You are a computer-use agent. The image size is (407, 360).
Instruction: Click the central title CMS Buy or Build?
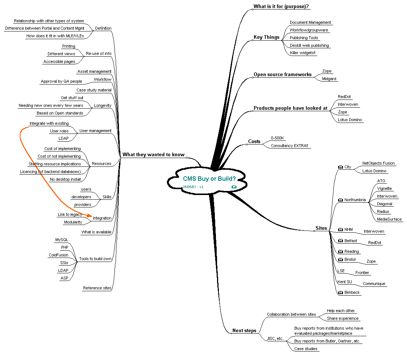tap(209, 179)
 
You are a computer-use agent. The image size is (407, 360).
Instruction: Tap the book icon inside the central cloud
tap(234, 187)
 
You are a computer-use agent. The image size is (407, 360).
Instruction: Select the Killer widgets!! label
tap(302, 53)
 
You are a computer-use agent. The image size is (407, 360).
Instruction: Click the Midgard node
tap(329, 79)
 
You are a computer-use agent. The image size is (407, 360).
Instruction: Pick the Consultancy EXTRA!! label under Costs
tap(290, 146)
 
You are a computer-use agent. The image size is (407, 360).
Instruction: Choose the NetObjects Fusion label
tap(378, 164)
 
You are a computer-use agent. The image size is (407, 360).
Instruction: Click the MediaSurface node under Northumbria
tap(389, 219)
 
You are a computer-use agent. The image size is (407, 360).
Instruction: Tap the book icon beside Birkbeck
tap(340, 293)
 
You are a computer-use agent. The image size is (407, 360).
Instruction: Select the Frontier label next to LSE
tap(362, 273)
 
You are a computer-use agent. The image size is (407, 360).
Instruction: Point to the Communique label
tap(374, 284)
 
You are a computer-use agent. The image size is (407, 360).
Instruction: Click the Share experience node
tap(343, 319)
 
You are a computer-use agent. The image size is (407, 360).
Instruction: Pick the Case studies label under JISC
tap(306, 349)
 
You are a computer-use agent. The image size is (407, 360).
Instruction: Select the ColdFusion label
tap(59, 255)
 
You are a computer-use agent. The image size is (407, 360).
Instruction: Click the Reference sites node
tap(97, 288)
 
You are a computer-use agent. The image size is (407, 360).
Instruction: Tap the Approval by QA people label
tap(61, 82)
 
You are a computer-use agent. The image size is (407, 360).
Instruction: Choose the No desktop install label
tap(65, 180)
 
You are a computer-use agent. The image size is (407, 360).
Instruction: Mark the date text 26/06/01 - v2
tap(193, 187)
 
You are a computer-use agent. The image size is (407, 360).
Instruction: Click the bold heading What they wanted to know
tap(153, 155)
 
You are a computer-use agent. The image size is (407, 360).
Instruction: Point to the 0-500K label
tap(277, 138)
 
